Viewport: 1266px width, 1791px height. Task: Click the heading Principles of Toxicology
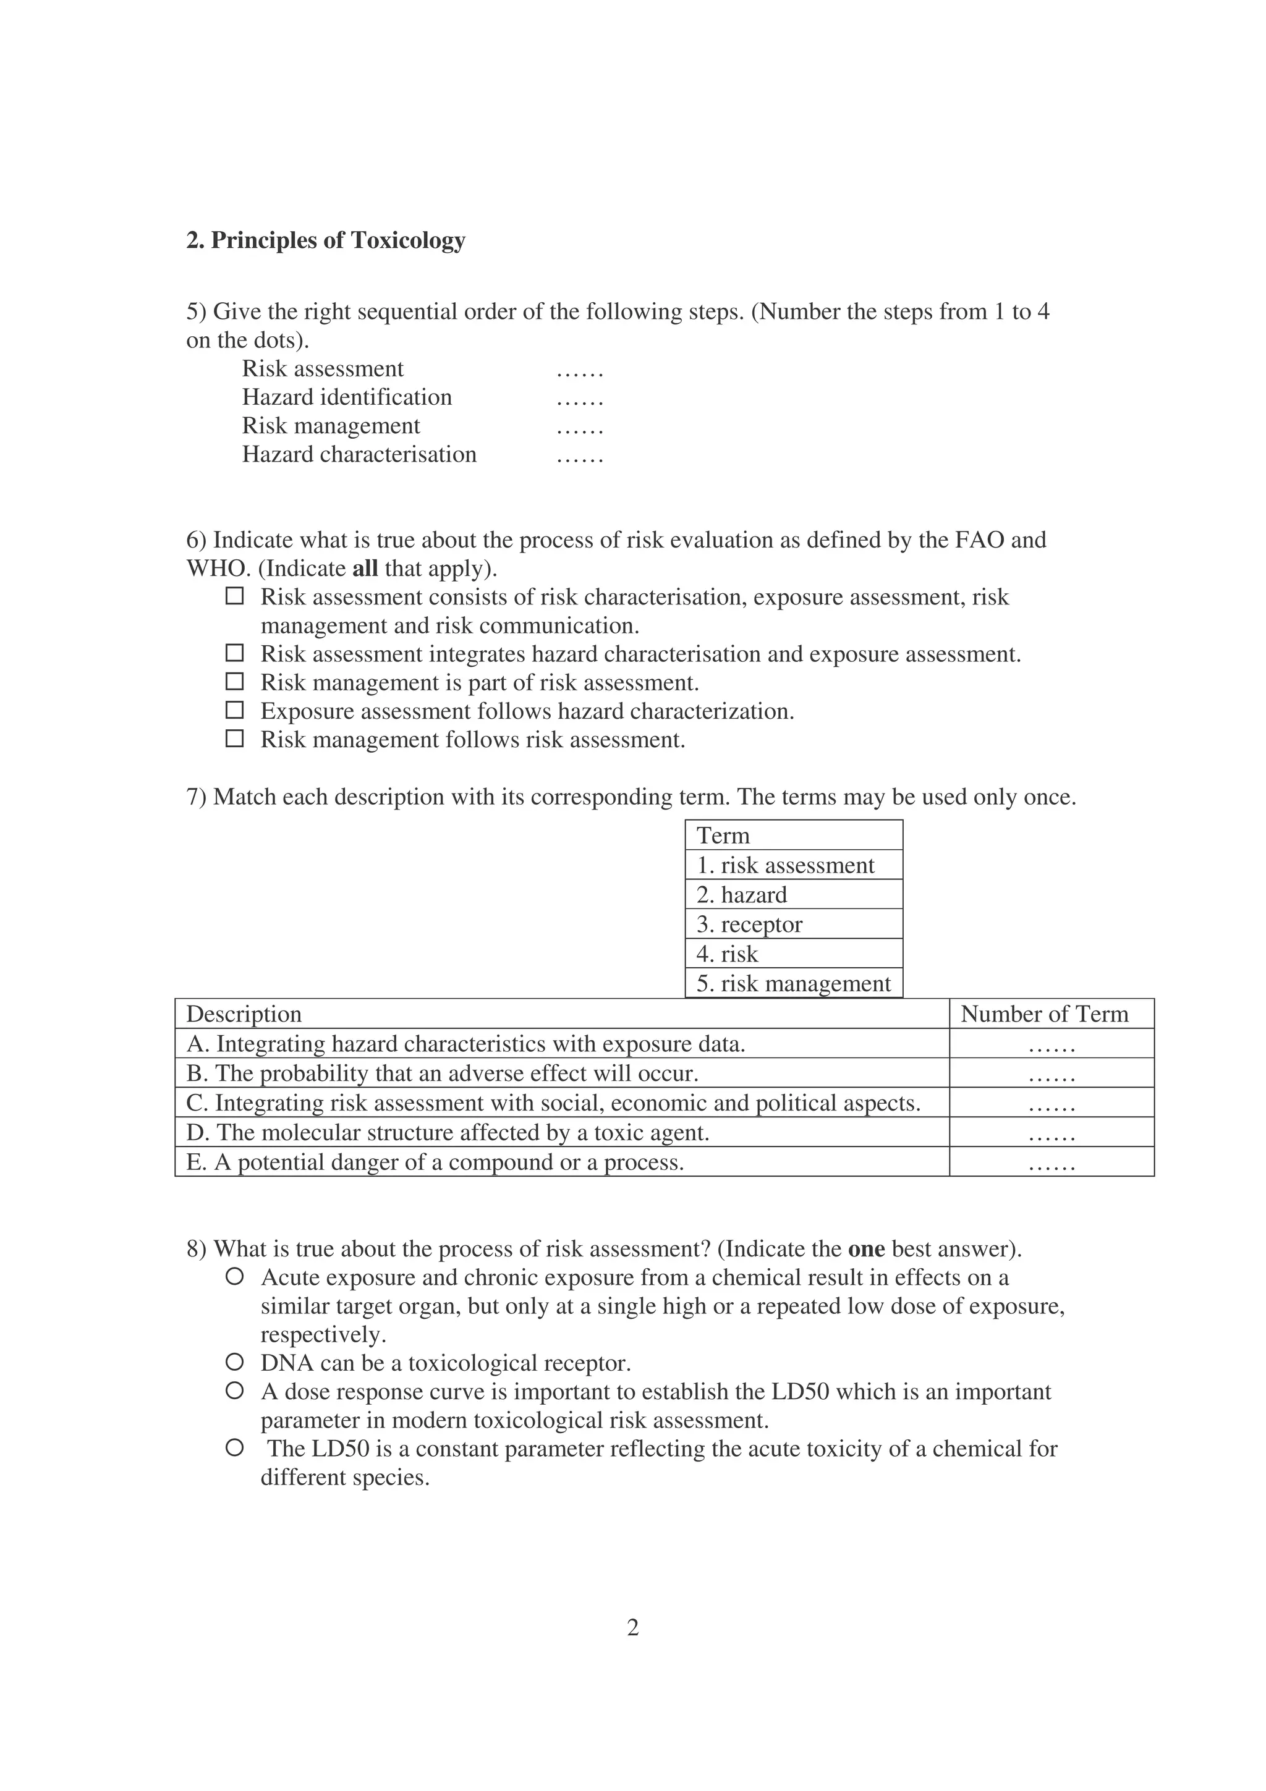tap(325, 240)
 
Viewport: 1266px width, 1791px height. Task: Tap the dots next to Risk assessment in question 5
tap(580, 371)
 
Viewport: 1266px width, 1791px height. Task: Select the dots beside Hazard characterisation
tap(580, 456)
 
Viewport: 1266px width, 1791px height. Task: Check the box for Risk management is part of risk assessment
tap(234, 682)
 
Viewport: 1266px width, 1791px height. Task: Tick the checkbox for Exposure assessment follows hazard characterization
tap(234, 711)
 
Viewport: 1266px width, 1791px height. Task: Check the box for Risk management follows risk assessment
tap(234, 739)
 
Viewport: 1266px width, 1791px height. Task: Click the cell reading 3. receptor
tap(793, 925)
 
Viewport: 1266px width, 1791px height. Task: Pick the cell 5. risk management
tap(793, 984)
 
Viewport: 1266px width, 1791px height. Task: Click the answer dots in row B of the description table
tap(1051, 1076)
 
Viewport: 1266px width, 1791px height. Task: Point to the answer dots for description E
tap(1051, 1164)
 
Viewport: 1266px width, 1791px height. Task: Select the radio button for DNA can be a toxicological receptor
tap(234, 1363)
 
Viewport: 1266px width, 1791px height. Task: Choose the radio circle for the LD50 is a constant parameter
tap(234, 1449)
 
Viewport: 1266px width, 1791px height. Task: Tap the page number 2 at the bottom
tap(632, 1628)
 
